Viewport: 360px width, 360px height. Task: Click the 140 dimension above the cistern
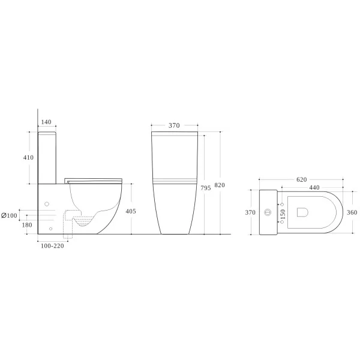(x=46, y=122)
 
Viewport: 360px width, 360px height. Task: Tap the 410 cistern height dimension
(x=28, y=157)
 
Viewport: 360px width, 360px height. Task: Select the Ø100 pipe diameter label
(x=9, y=215)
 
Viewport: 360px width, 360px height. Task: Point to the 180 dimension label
(x=27, y=225)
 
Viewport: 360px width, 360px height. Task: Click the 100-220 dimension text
(x=52, y=246)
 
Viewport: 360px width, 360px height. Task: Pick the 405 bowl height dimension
(x=131, y=211)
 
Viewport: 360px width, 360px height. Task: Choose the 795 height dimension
(x=206, y=188)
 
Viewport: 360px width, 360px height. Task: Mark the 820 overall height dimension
(x=220, y=185)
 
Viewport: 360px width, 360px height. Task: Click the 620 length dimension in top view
(x=301, y=179)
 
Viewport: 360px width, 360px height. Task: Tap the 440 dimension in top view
(x=314, y=188)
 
